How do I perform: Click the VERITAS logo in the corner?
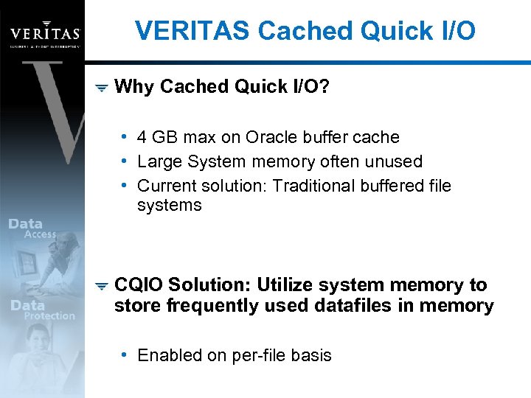pyautogui.click(x=44, y=33)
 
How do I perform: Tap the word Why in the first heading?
pyautogui.click(x=135, y=87)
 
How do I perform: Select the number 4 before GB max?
pyautogui.click(x=142, y=138)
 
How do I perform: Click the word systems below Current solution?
pyautogui.click(x=169, y=206)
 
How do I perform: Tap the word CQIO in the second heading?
pyautogui.click(x=139, y=285)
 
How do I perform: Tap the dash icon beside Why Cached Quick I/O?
pyautogui.click(x=102, y=88)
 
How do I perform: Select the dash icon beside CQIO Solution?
pyautogui.click(x=102, y=286)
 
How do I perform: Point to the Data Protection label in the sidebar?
pyautogui.click(x=41, y=310)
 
